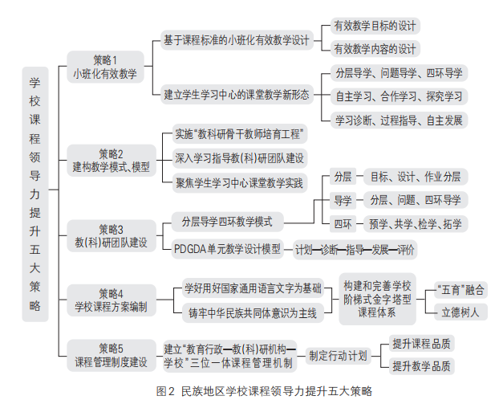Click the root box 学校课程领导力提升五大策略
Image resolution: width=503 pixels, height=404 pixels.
click(34, 194)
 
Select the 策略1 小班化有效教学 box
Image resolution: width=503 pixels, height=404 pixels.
click(105, 67)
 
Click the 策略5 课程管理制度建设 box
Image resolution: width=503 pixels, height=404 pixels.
click(112, 355)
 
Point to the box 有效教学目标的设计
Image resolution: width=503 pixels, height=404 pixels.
click(375, 26)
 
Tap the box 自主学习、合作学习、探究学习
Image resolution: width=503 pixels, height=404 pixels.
click(399, 96)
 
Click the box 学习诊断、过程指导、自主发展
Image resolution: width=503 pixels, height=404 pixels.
click(399, 120)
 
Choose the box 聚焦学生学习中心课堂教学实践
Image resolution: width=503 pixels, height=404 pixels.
click(239, 183)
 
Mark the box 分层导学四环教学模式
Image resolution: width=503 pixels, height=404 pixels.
click(227, 222)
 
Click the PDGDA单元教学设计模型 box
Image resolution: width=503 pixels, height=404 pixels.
click(227, 249)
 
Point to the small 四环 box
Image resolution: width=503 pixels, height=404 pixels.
click(343, 222)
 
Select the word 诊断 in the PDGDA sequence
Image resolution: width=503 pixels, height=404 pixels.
click(329, 250)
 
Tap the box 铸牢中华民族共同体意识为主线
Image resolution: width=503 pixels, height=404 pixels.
click(252, 312)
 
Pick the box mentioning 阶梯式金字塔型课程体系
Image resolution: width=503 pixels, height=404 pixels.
click(377, 299)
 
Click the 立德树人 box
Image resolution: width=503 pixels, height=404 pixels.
click(460, 312)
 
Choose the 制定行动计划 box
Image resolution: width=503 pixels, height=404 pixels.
click(338, 355)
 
